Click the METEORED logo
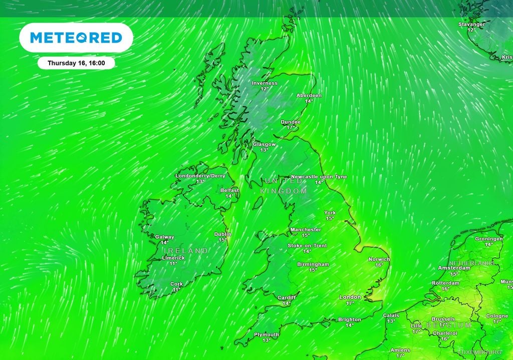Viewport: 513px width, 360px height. (76, 38)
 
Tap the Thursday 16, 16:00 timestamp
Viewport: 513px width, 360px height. (76, 63)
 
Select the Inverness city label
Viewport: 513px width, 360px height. (265, 83)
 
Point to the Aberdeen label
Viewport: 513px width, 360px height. (309, 95)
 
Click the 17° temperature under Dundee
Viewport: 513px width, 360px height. (291, 128)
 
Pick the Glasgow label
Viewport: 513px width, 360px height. (264, 144)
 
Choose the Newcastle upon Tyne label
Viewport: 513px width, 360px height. (319, 177)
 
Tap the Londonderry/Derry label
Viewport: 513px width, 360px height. (200, 176)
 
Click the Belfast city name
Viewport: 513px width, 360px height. (229, 190)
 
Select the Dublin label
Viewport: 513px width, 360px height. (223, 234)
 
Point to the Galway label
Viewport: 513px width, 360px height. (165, 237)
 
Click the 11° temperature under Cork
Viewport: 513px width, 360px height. (176, 290)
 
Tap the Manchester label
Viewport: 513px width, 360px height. (306, 230)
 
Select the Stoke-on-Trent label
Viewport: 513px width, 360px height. (307, 245)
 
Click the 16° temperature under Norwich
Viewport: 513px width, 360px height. (379, 265)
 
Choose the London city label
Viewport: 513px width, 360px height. (350, 297)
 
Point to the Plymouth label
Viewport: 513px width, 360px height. (267, 334)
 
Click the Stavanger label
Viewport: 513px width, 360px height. (471, 24)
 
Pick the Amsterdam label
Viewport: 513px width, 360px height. (454, 268)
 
